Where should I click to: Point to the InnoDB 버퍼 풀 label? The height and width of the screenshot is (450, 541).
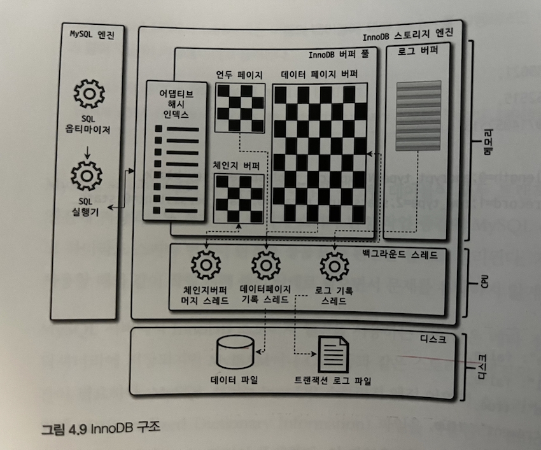coord(342,55)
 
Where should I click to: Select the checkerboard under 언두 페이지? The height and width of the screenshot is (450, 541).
coord(239,108)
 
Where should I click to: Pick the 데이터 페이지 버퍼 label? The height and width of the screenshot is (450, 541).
coord(319,74)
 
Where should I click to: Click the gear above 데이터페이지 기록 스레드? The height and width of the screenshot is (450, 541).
coord(265,265)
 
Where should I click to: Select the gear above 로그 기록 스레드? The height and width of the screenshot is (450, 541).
coord(334,266)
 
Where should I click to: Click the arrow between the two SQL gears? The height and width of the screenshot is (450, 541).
coord(88,151)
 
